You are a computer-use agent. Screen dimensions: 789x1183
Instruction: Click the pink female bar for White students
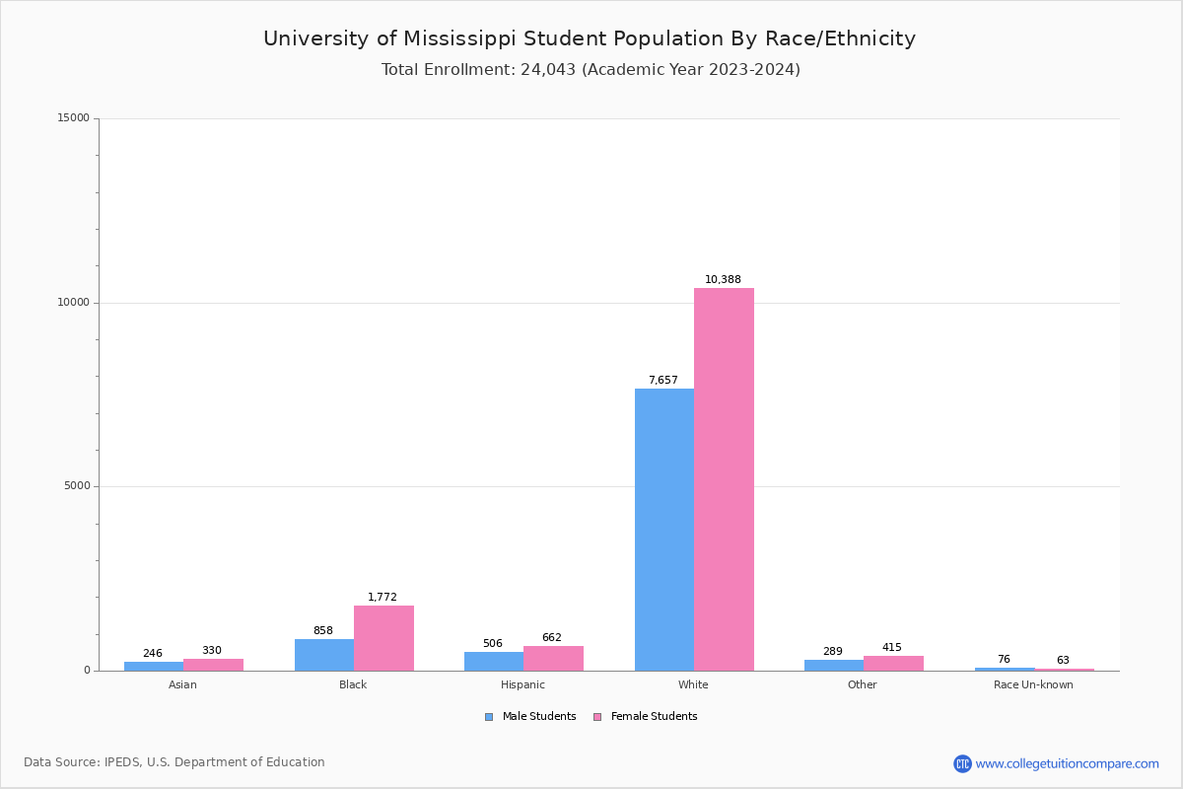coord(724,479)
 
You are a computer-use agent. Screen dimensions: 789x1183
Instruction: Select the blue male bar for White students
coord(664,530)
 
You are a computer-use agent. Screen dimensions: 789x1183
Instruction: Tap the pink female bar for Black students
coord(383,638)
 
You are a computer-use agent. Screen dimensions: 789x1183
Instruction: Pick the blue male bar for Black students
coord(324,655)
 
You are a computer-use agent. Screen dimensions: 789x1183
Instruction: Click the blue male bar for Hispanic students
coord(494,661)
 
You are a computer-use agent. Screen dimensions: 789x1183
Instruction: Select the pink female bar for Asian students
coord(213,665)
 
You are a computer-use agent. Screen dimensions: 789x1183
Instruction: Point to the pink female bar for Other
coord(893,663)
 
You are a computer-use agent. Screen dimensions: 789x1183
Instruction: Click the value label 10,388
coord(723,280)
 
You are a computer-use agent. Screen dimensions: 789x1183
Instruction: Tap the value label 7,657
coord(662,381)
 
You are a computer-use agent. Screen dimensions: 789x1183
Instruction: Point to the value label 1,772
coord(383,598)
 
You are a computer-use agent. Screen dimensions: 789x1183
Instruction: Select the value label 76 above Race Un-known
coord(1004,660)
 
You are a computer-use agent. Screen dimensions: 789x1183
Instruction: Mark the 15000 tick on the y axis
coord(75,118)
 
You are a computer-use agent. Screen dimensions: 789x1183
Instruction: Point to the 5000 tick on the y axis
coord(78,486)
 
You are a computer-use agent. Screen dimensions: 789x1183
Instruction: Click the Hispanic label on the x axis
coord(522,684)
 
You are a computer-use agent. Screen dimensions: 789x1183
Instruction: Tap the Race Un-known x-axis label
coord(1033,684)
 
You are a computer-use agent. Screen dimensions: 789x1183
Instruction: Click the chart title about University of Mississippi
coord(590,39)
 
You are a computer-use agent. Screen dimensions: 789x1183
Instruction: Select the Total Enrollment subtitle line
coord(591,70)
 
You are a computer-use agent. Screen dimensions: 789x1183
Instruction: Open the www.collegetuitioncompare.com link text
coord(1067,763)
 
